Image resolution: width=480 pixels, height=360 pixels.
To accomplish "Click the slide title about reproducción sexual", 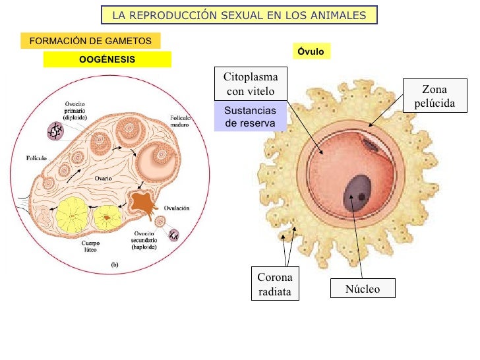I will [239, 15].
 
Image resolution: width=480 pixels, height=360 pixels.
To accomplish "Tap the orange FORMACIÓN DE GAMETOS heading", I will [90, 41].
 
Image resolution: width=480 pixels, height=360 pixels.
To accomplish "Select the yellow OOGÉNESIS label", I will [107, 59].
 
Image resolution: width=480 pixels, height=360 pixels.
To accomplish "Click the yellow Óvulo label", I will [311, 51].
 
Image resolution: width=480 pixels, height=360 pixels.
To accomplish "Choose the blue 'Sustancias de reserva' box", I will [251, 117].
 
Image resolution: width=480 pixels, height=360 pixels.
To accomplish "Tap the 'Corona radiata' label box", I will [274, 284].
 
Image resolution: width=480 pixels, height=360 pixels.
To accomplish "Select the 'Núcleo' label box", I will [363, 289].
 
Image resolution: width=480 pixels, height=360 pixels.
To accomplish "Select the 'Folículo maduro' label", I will [180, 121].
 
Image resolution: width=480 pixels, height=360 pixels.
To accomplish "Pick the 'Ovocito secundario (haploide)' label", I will [142, 242].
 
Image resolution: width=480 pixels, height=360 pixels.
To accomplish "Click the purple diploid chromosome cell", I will [54, 131].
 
